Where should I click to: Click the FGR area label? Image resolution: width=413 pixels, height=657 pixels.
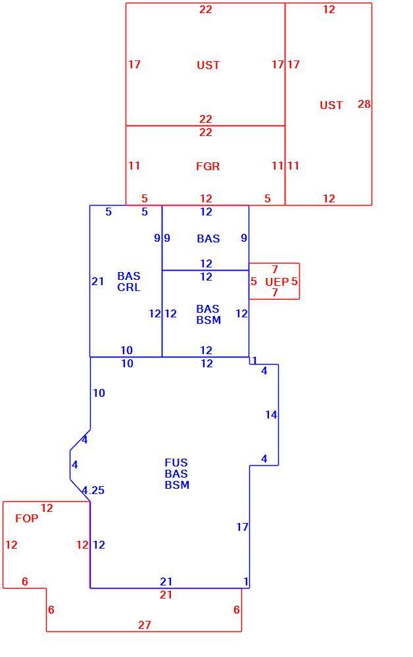pos(208,166)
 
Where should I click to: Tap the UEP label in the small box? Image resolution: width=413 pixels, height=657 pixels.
pos(277,282)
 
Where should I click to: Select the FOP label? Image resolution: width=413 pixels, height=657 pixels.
pos(26,519)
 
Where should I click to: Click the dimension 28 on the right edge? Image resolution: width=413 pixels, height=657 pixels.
pos(364,104)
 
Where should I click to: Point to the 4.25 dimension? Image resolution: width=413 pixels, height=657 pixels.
pos(93,490)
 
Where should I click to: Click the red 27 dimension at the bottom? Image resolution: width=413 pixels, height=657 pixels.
pos(144,625)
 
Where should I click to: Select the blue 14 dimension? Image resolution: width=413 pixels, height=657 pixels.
pos(271,415)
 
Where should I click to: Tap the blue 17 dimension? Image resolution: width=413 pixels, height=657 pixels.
pos(243,527)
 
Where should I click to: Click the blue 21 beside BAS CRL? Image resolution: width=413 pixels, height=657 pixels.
pos(98,282)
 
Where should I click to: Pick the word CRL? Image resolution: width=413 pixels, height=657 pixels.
pos(129,288)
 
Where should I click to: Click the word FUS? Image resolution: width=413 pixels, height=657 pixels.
pos(176,463)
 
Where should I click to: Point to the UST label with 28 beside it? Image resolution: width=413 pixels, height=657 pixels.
pos(331,105)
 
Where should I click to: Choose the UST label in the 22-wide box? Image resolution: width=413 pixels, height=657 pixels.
pos(208,65)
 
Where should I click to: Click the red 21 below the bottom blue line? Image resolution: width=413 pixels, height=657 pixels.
pos(166,595)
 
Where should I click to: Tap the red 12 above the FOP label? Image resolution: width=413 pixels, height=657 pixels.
pos(47,509)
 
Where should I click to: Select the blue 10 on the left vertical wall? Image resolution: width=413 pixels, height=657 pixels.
pos(99,393)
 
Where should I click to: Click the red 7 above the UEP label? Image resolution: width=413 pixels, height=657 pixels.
pos(275,269)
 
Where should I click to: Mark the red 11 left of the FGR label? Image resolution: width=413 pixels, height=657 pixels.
pos(134,166)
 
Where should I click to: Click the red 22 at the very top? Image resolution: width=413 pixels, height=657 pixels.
pos(205,9)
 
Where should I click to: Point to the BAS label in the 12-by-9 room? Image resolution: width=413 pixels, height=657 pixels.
pos(208,239)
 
